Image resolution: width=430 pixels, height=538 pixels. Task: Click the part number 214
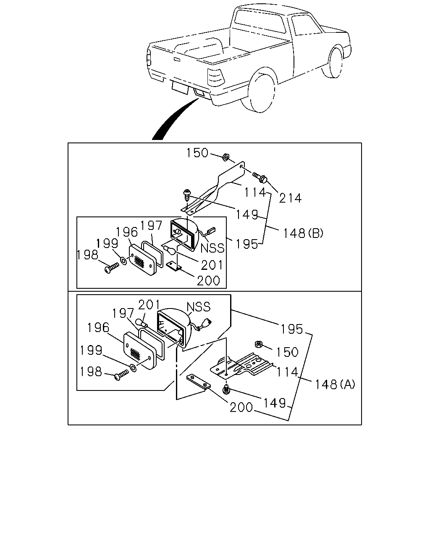290,198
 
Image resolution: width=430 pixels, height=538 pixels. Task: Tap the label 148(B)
303,233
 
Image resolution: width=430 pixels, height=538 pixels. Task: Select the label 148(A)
335,384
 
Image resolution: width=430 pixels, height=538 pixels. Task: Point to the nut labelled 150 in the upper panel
226,157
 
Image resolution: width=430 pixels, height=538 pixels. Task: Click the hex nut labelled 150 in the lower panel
258,344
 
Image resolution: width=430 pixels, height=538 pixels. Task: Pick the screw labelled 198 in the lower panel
121,375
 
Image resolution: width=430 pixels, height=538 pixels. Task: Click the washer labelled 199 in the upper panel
123,261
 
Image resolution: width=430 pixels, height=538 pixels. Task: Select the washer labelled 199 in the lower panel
134,367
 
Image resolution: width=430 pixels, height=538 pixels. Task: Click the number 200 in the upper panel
208,280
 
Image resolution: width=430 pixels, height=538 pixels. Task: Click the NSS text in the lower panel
199,307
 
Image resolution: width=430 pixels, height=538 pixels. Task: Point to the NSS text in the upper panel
212,248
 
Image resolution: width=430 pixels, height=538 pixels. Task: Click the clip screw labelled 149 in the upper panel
186,195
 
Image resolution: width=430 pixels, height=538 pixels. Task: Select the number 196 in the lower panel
98,327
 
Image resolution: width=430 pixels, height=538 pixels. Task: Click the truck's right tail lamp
215,77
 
